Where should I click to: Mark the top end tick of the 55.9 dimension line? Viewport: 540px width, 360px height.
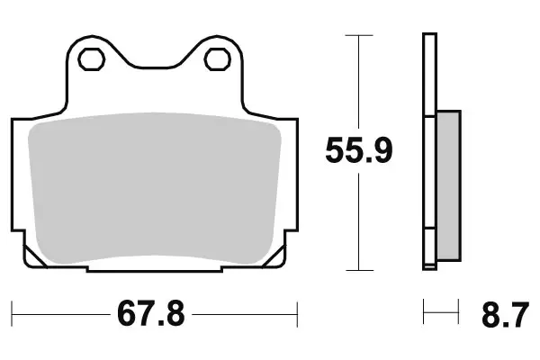click(359, 35)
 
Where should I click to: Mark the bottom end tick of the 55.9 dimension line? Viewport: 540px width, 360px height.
click(359, 270)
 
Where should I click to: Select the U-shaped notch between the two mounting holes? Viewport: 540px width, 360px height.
click(153, 63)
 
